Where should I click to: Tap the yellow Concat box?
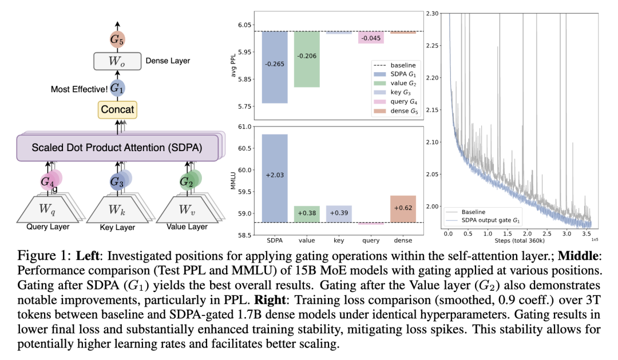click(x=117, y=109)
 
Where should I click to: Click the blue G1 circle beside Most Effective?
click(x=117, y=88)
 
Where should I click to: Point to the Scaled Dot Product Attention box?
click(x=117, y=147)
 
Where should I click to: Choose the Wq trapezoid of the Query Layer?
click(x=48, y=209)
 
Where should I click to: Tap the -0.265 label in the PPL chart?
click(x=275, y=64)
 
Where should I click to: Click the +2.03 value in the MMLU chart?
click(x=275, y=175)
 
